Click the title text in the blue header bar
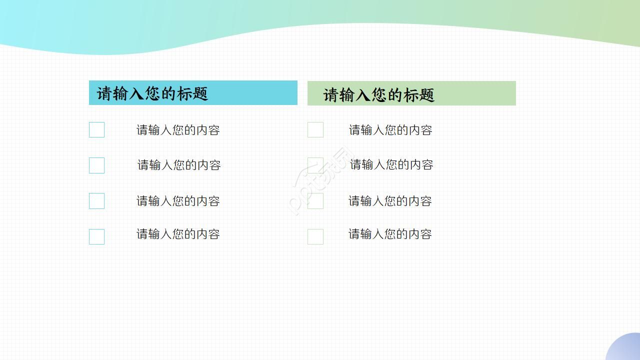152,93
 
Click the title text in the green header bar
378,95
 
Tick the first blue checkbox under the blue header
96,130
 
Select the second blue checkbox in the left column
96,165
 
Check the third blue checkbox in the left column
96,201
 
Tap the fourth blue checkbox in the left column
96,236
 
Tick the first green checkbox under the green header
315,130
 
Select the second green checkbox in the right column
315,165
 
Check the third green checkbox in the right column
315,201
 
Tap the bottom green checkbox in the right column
315,236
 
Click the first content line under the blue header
178,130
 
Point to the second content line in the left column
179,165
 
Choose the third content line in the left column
178,201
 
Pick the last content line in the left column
178,234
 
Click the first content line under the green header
390,130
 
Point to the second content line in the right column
391,164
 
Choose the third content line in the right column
390,201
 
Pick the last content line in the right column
390,234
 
